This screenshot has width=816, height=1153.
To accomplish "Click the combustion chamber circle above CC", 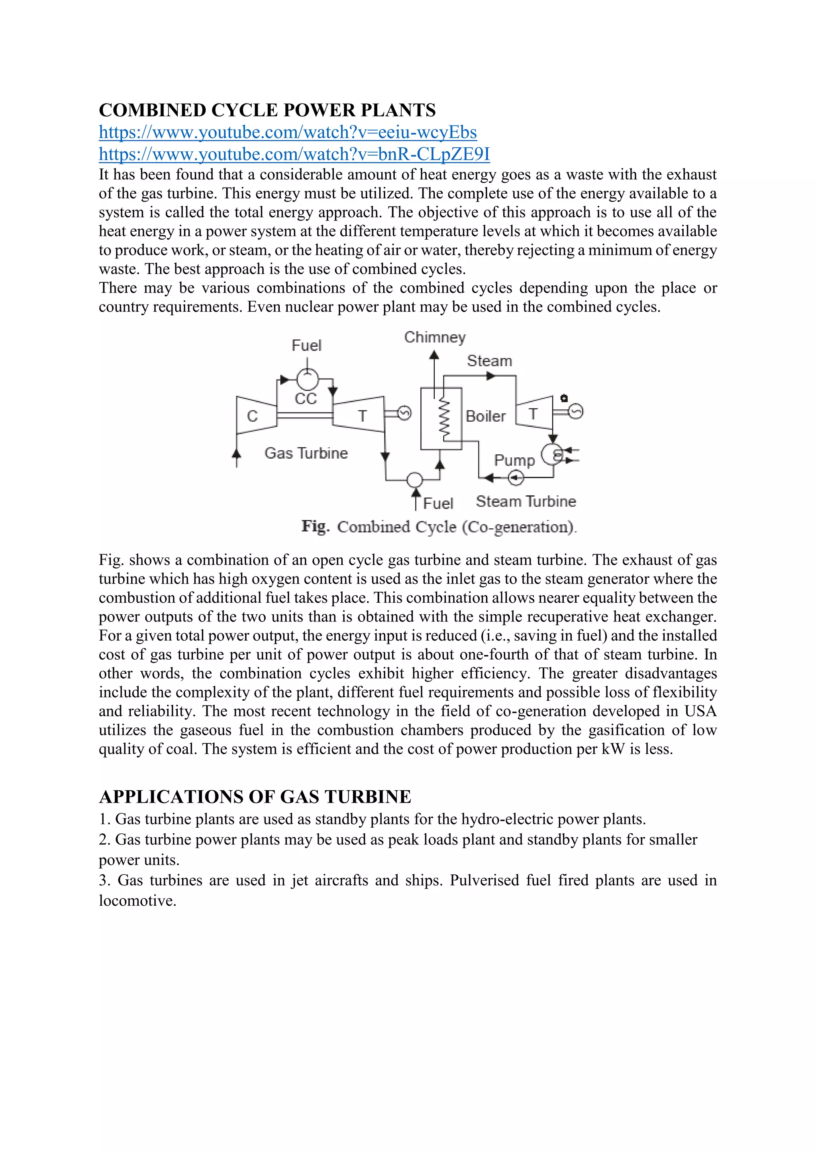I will pyautogui.click(x=307, y=379).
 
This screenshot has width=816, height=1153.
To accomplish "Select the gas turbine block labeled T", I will pyautogui.click(x=360, y=415).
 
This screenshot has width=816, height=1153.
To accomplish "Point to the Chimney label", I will pyautogui.click(x=435, y=338).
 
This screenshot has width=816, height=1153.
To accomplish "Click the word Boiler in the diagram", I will pyautogui.click(x=485, y=416).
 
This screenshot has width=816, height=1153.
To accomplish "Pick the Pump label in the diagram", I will pyautogui.click(x=514, y=460).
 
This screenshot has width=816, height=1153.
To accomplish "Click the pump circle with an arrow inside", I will pyautogui.click(x=516, y=478).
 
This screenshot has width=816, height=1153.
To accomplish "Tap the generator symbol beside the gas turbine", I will pyautogui.click(x=404, y=413).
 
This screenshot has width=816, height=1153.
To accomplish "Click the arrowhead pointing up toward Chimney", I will pyautogui.click(x=434, y=356).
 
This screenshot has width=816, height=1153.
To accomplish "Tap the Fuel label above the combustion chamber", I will pyautogui.click(x=306, y=346).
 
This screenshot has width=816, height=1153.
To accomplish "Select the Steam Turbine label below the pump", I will pyautogui.click(x=526, y=501).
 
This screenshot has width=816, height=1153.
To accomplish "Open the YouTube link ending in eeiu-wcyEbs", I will pyautogui.click(x=287, y=133).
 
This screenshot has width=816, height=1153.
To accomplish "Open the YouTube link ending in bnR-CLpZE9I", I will pyautogui.click(x=294, y=154).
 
